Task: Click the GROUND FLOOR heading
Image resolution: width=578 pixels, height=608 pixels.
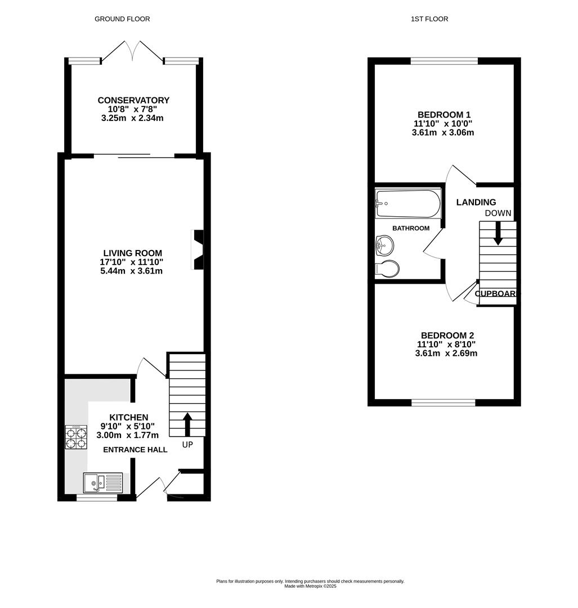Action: click(x=122, y=19)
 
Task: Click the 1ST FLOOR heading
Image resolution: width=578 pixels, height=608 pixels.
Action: click(x=429, y=19)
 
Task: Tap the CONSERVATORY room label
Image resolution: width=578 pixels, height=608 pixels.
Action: click(x=133, y=100)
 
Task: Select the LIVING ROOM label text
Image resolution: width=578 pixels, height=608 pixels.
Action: click(x=133, y=253)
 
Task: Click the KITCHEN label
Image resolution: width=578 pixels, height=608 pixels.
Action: click(x=128, y=417)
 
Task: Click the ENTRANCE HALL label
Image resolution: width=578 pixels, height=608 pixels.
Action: click(x=135, y=450)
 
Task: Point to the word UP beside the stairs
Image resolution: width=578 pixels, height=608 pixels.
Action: click(x=188, y=445)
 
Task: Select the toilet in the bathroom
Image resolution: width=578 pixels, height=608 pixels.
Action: click(x=388, y=269)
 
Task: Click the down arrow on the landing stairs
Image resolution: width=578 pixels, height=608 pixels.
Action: click(x=498, y=234)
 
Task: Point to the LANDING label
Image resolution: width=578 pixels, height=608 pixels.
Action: click(x=476, y=202)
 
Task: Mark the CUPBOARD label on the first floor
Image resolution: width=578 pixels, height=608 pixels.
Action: click(x=497, y=293)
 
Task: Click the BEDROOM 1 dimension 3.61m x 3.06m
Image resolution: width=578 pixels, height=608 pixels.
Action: click(x=443, y=133)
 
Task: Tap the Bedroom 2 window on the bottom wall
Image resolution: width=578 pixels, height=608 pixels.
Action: click(x=443, y=403)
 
